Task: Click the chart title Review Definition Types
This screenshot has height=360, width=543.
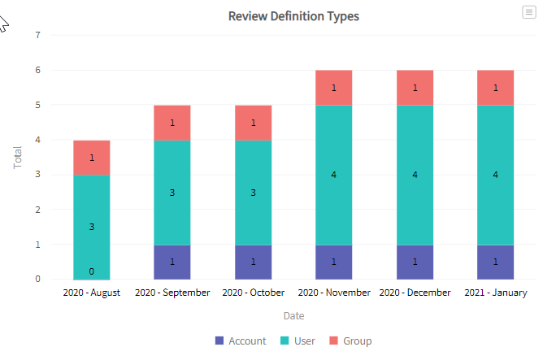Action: (x=293, y=15)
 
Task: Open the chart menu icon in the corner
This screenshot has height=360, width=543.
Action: (x=529, y=11)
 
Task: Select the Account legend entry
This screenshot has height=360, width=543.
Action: (x=241, y=340)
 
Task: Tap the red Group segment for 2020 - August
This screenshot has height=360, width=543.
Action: (x=92, y=158)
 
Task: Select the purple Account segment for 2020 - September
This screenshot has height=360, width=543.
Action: (x=172, y=262)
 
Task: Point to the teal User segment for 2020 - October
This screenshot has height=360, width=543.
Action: (x=253, y=193)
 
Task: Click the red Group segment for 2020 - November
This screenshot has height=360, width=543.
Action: (x=333, y=88)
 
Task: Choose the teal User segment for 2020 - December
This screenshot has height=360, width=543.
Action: (x=415, y=175)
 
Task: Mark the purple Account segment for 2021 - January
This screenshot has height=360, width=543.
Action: (x=495, y=262)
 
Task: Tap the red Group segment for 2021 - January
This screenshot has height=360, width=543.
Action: (x=495, y=88)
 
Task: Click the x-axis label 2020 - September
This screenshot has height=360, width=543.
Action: (x=172, y=293)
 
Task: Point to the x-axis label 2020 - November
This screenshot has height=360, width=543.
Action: (x=333, y=293)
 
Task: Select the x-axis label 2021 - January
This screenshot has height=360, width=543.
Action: (x=495, y=293)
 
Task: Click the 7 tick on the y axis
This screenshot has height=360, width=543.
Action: (x=37, y=35)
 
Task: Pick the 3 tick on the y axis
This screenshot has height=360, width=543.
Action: (x=37, y=175)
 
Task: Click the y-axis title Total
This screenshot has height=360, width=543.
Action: (x=18, y=157)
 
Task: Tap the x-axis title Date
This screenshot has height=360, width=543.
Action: (x=293, y=315)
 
